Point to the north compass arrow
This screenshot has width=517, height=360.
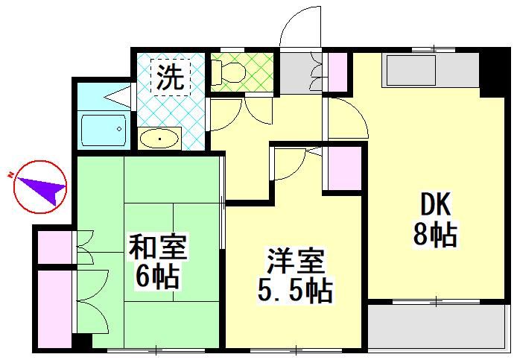tap(39, 186)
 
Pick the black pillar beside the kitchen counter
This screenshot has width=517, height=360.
tap(492, 72)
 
